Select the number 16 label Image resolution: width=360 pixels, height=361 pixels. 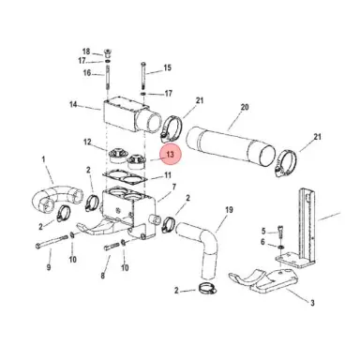pos(86,73)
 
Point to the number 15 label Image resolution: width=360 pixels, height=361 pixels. pos(168,68)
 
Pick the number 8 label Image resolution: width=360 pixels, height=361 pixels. pos(103,277)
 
